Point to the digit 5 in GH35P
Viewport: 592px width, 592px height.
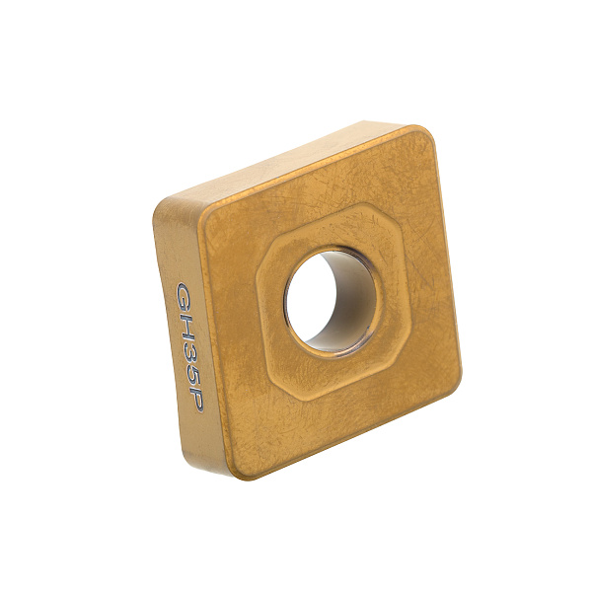click(194, 373)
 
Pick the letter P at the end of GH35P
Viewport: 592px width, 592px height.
click(197, 398)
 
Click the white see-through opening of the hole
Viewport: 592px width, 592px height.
click(312, 297)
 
